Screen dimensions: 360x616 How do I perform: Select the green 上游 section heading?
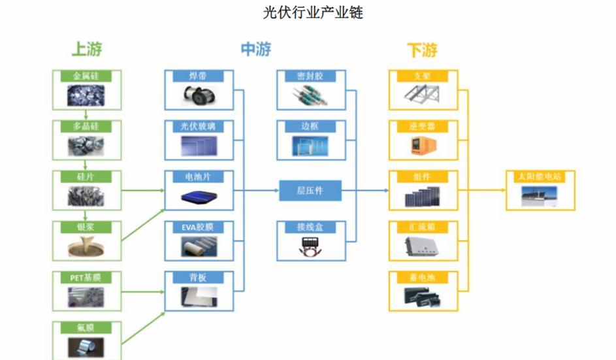86,49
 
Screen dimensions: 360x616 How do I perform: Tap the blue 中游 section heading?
255,49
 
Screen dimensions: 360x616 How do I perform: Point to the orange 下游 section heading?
421,50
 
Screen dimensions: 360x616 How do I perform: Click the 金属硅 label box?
86,76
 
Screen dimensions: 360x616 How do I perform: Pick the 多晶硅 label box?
86,126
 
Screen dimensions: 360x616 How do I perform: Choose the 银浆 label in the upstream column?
86,227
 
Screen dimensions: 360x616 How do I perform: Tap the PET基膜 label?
86,278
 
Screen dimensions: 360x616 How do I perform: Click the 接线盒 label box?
310,227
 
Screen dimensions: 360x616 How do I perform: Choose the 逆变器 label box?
423,126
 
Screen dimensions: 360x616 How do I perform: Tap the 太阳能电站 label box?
540,177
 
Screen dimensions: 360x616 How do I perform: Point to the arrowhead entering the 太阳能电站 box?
504,191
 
